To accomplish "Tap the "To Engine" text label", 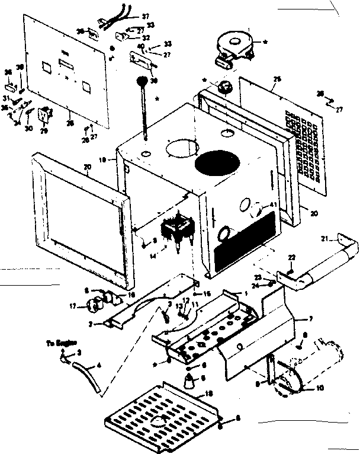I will (60, 343).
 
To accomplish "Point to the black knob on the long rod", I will (142, 81).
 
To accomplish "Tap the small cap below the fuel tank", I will (224, 87).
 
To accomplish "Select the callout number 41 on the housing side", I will (272, 204).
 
